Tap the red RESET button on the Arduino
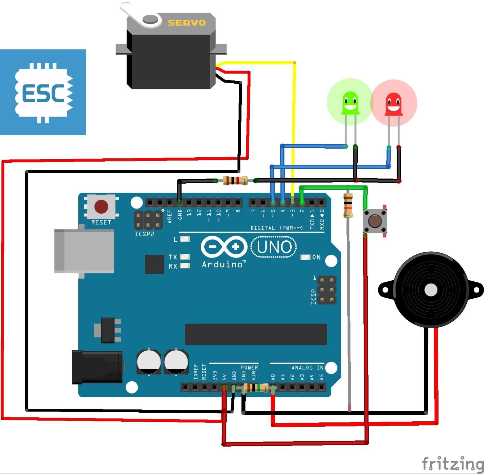pyautogui.click(x=101, y=207)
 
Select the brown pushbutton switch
pyautogui.click(x=375, y=220)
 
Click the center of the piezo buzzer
pyautogui.click(x=431, y=290)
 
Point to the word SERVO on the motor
pyautogui.click(x=187, y=23)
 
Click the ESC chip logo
pyautogui.click(x=43, y=92)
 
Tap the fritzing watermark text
pyautogui.click(x=452, y=463)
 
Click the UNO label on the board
pyautogui.click(x=274, y=247)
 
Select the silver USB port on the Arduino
pyautogui.click(x=84, y=251)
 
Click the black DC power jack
pyautogui.click(x=97, y=367)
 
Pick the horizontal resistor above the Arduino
pyautogui.click(x=235, y=180)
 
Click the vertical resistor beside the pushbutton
pyautogui.click(x=348, y=205)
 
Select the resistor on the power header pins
pyautogui.click(x=256, y=388)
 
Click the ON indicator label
pyautogui.click(x=316, y=257)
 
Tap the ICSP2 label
pyautogui.click(x=144, y=234)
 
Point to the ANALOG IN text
pyautogui.click(x=308, y=368)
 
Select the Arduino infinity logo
pyautogui.click(x=224, y=247)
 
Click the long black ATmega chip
pyautogui.click(x=256, y=334)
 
